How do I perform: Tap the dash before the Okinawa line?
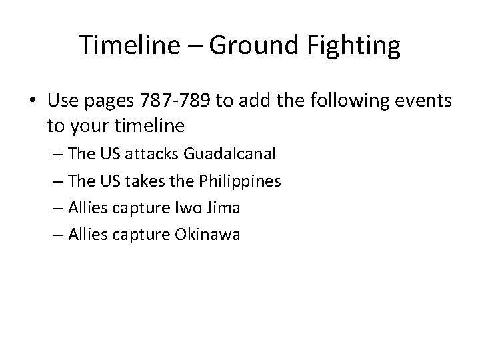coord(57,235)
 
